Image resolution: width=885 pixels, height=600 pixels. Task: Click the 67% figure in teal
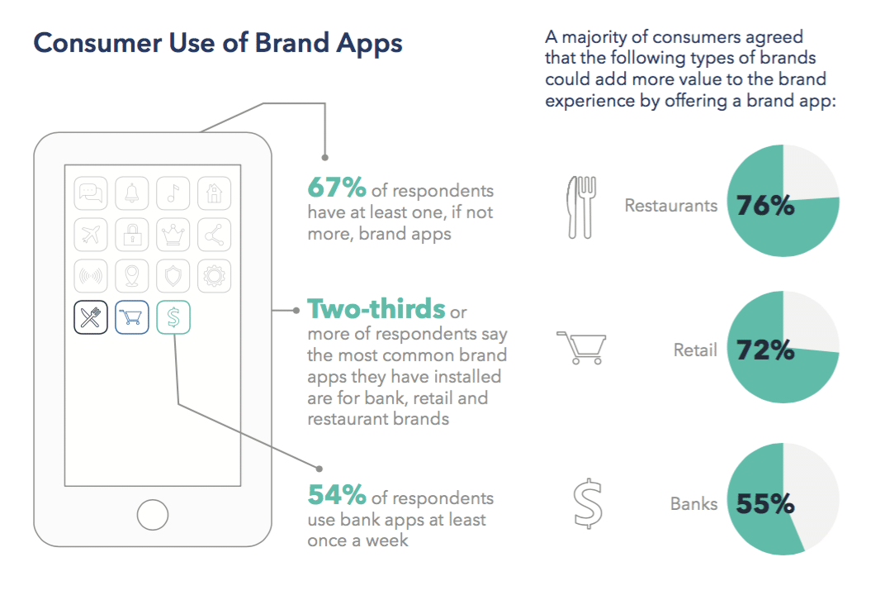click(337, 188)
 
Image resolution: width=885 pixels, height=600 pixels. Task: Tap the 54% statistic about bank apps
click(337, 495)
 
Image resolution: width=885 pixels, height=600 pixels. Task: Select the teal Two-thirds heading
click(376, 309)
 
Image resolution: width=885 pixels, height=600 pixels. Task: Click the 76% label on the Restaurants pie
click(765, 206)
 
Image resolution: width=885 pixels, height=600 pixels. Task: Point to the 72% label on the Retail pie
click(765, 350)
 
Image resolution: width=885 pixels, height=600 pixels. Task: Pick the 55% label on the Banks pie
click(765, 504)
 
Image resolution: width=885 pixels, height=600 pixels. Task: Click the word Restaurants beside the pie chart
click(671, 206)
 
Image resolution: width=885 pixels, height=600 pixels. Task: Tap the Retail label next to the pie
click(695, 350)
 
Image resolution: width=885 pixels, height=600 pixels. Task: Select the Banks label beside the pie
click(694, 504)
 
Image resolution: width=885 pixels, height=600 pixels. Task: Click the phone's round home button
click(153, 515)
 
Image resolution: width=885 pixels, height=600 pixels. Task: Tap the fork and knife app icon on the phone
click(91, 317)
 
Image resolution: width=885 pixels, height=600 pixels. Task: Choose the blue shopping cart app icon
click(132, 317)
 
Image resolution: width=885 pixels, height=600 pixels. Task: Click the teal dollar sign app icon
click(173, 317)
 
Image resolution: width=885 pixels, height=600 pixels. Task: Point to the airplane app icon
click(91, 235)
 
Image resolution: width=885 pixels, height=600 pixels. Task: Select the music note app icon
click(173, 193)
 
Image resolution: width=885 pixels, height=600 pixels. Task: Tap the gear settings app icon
click(215, 276)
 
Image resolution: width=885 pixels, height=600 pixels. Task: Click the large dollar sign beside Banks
click(588, 504)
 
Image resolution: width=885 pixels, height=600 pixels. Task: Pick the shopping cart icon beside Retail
click(581, 348)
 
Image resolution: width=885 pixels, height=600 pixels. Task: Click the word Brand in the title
click(292, 43)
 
